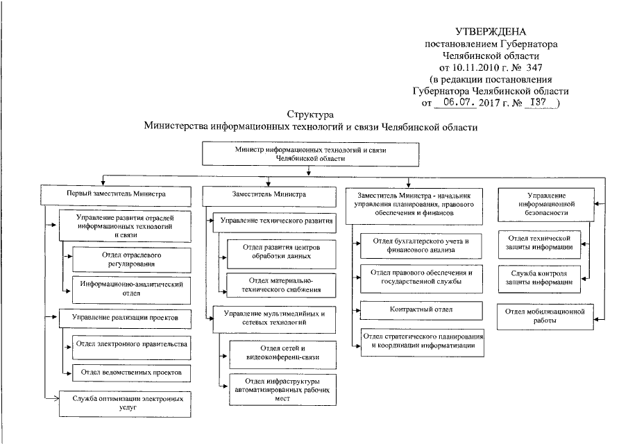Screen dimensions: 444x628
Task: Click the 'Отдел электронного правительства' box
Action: tap(130, 343)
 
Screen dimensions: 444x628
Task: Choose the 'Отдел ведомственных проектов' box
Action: tap(130, 372)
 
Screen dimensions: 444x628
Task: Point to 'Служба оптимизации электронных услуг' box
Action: tap(126, 404)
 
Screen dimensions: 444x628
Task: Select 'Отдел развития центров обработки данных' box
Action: tap(281, 250)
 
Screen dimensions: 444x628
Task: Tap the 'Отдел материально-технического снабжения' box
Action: tap(281, 284)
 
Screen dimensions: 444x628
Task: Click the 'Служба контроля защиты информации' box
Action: tap(545, 277)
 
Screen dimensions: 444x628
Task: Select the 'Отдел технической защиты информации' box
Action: tap(545, 242)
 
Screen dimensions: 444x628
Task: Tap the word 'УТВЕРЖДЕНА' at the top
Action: tap(491, 32)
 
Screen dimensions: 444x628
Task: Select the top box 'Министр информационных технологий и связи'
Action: tap(309, 153)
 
